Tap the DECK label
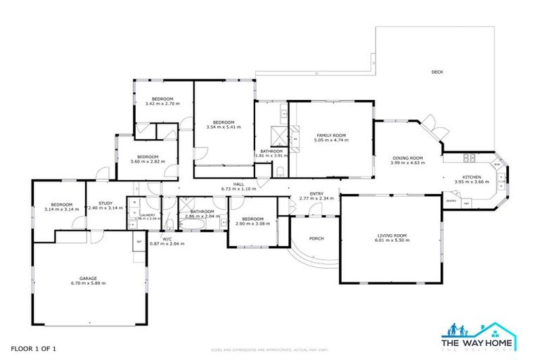[437, 72]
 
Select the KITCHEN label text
[471, 177]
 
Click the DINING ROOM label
[407, 158]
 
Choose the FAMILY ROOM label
[331, 135]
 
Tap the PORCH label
[316, 238]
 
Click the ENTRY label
[316, 194]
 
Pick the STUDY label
[105, 203]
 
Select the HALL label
[238, 184]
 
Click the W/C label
[167, 239]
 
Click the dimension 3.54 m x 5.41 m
[224, 127]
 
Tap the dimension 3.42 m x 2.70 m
[162, 104]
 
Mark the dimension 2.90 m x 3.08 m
[252, 224]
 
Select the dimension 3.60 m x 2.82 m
[148, 162]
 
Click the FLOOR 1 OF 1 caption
[33, 349]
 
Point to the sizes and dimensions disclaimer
[270, 349]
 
